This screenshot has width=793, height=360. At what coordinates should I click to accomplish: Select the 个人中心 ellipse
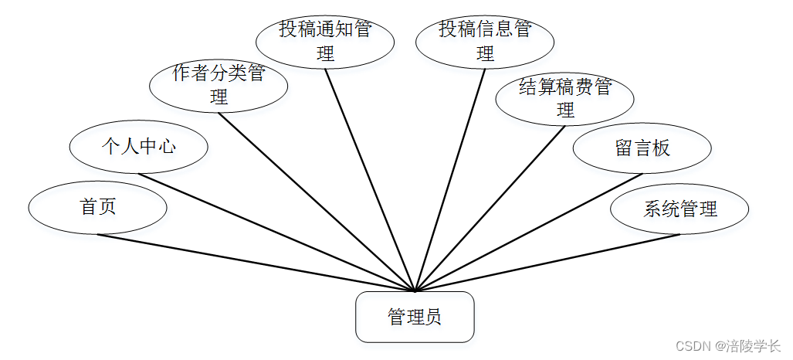pyautogui.click(x=138, y=146)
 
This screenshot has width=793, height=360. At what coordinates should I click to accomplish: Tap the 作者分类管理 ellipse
pyautogui.click(x=219, y=86)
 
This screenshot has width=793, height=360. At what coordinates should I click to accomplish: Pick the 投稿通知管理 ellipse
pyautogui.click(x=325, y=41)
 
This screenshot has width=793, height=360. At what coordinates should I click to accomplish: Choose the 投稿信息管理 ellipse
pyautogui.click(x=485, y=41)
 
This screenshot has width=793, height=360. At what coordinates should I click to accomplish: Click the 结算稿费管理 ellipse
pyautogui.click(x=564, y=98)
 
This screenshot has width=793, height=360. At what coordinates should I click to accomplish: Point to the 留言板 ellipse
pyautogui.click(x=642, y=148)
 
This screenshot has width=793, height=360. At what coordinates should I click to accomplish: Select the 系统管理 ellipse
pyautogui.click(x=679, y=209)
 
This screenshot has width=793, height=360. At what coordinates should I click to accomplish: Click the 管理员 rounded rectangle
pyautogui.click(x=415, y=317)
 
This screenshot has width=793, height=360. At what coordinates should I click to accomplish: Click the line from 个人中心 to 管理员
pyautogui.click(x=276, y=233)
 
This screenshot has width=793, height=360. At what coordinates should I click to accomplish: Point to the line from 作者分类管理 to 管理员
pyautogui.click(x=317, y=202)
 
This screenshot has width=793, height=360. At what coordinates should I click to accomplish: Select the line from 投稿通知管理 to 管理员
pyautogui.click(x=370, y=180)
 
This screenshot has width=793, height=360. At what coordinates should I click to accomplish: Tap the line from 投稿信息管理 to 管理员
pyautogui.click(x=450, y=180)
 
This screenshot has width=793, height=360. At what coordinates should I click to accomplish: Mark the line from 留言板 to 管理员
pyautogui.click(x=529, y=233)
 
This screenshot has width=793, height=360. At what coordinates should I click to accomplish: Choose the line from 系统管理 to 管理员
pyautogui.click(x=548, y=263)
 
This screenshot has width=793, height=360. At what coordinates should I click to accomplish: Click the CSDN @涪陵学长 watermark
pyautogui.click(x=728, y=346)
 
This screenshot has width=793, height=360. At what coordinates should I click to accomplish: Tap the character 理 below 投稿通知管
pyautogui.click(x=325, y=54)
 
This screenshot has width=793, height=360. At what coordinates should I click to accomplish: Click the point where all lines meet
pyautogui.click(x=415, y=291)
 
